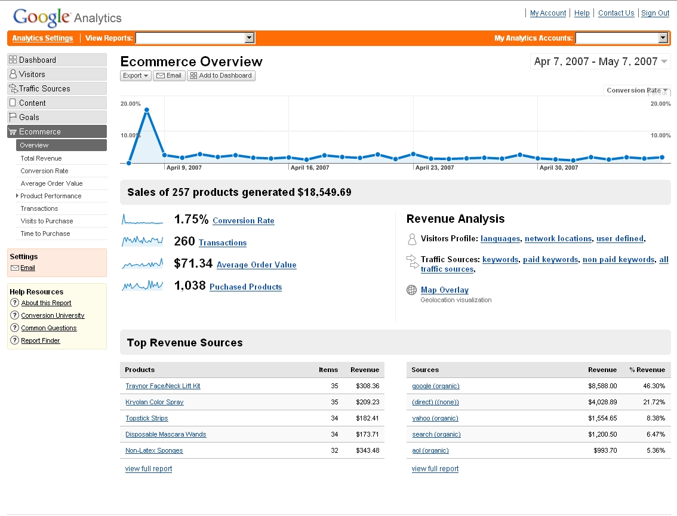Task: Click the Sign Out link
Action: [x=655, y=13]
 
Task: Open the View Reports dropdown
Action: [x=195, y=38]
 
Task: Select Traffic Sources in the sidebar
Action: [x=44, y=88]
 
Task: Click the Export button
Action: [x=136, y=76]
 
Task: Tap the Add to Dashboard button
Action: [x=221, y=76]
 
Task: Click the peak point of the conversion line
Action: [x=146, y=110]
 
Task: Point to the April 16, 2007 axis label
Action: [x=310, y=168]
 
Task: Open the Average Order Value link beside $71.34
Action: [x=256, y=265]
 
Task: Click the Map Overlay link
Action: [x=444, y=290]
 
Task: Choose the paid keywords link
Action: [x=550, y=260]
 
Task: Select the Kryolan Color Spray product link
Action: [x=154, y=403]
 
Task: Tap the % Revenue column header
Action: [x=647, y=370]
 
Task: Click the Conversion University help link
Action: [x=53, y=315]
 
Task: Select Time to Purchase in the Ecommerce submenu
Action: [x=45, y=234]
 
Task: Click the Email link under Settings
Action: [x=27, y=268]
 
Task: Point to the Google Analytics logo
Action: [x=67, y=17]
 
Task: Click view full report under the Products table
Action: [x=148, y=469]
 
